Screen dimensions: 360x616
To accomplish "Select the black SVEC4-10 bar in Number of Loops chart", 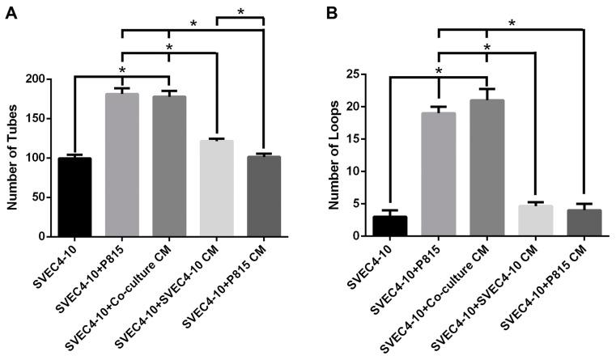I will pos(389,226).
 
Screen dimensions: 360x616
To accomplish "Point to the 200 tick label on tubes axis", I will pos(36,79).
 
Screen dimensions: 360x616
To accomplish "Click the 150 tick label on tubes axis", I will pos(36,119).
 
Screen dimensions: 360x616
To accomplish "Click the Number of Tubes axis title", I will pos(12,158).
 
